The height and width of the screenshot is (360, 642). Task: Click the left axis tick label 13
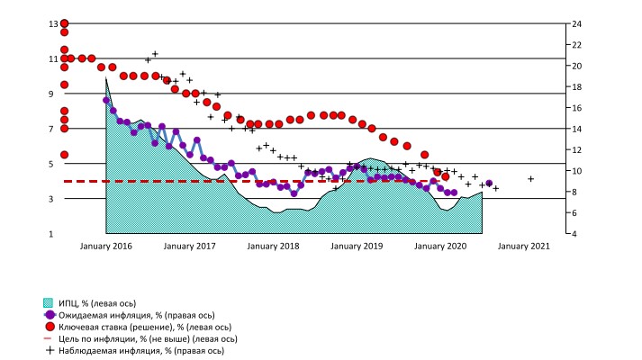click(51, 23)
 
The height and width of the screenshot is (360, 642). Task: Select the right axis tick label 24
click(566, 23)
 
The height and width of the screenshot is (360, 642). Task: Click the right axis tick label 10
click(566, 171)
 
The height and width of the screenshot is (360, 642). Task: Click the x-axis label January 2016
click(106, 246)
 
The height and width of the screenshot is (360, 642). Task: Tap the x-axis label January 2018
click(275, 246)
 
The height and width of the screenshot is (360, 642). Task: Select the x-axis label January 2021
click(525, 246)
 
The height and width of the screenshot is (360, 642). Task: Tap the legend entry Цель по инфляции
click(135, 339)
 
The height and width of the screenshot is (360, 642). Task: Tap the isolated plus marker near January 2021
click(531, 179)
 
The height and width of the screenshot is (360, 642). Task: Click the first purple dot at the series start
click(106, 100)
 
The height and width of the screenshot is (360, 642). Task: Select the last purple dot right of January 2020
click(489, 184)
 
